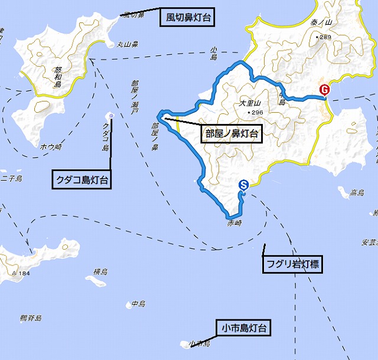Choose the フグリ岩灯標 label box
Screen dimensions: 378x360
(x=291, y=265)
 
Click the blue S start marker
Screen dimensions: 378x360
(x=243, y=185)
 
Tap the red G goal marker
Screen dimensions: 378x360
(x=324, y=89)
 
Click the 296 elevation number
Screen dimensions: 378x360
(x=256, y=113)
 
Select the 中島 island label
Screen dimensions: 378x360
(x=138, y=303)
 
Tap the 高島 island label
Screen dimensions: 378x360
(x=357, y=193)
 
